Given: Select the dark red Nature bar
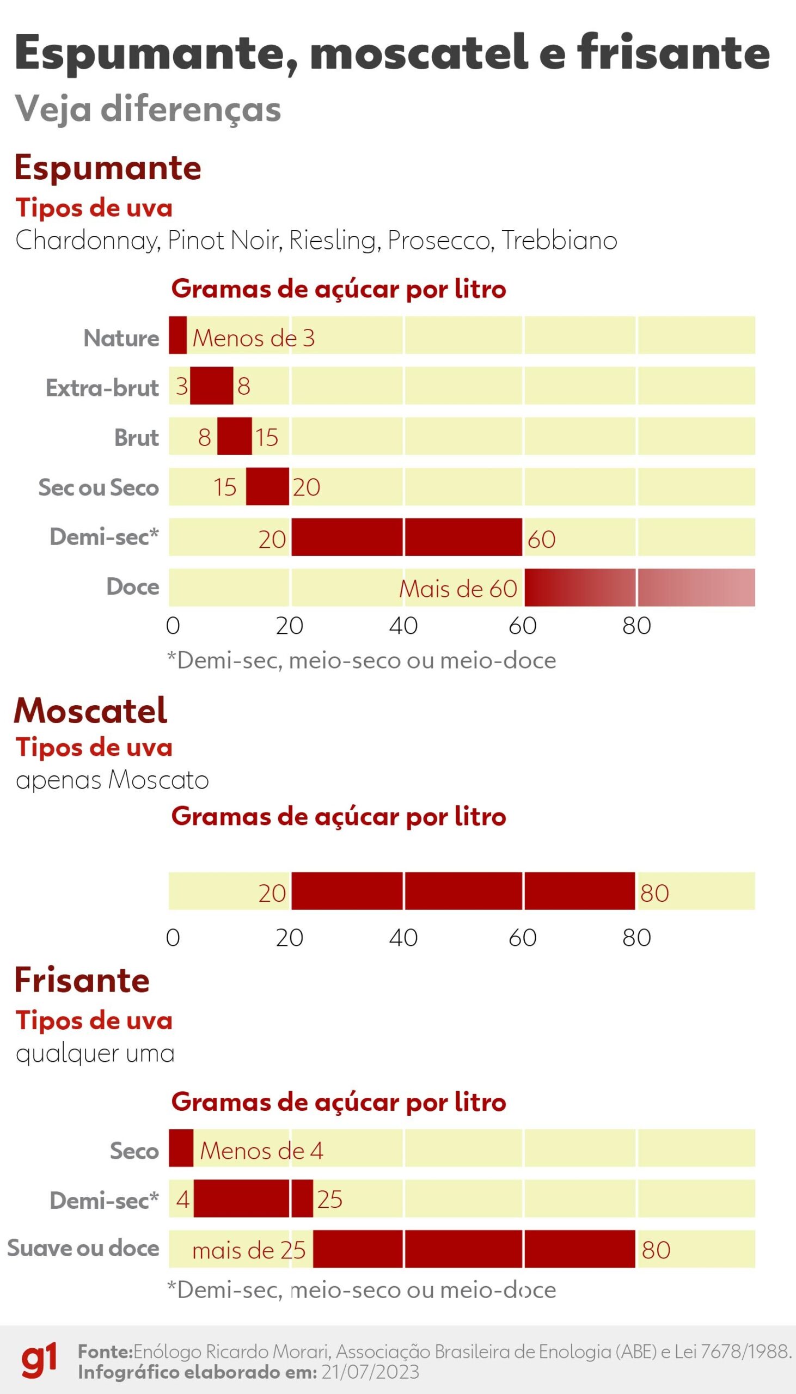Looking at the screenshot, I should (177, 334).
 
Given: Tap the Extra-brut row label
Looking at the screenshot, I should (102, 388).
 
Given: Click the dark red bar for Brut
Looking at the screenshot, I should (235, 436).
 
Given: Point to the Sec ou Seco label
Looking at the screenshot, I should (99, 487).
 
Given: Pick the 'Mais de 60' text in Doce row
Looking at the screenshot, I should (457, 589).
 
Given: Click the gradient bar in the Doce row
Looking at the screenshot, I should (639, 588).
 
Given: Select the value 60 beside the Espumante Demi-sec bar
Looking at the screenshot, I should (541, 540).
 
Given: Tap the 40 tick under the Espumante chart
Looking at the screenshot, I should (403, 626).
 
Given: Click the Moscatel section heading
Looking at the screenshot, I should (91, 711).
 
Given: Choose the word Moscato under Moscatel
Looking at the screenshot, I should (158, 780).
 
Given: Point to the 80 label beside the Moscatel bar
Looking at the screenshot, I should (654, 893).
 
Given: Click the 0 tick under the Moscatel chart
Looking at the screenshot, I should (173, 938).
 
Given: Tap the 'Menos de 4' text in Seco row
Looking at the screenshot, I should (261, 1151).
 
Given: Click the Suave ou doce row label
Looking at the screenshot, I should (83, 1248).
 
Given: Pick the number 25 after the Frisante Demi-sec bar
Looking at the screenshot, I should (329, 1200).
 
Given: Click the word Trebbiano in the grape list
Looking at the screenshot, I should (559, 241).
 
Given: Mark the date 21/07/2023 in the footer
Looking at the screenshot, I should (371, 1372).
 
